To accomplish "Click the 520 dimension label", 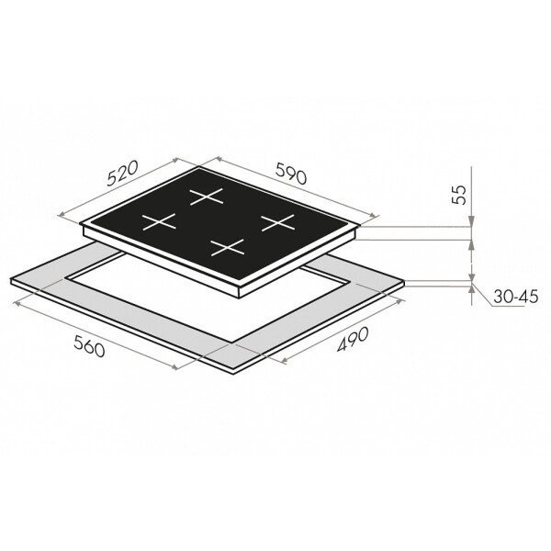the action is [123, 174].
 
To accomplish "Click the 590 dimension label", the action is [291, 174].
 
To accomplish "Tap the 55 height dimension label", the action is [459, 194].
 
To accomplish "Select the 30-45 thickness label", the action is [515, 297].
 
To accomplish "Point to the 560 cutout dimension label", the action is [89, 346].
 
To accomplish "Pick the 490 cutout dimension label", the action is [353, 339].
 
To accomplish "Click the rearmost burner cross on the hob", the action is [207, 197].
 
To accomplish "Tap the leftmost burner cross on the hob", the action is [159, 222].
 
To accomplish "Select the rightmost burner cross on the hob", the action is [277, 222].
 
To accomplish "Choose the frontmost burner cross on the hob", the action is [228, 247].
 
